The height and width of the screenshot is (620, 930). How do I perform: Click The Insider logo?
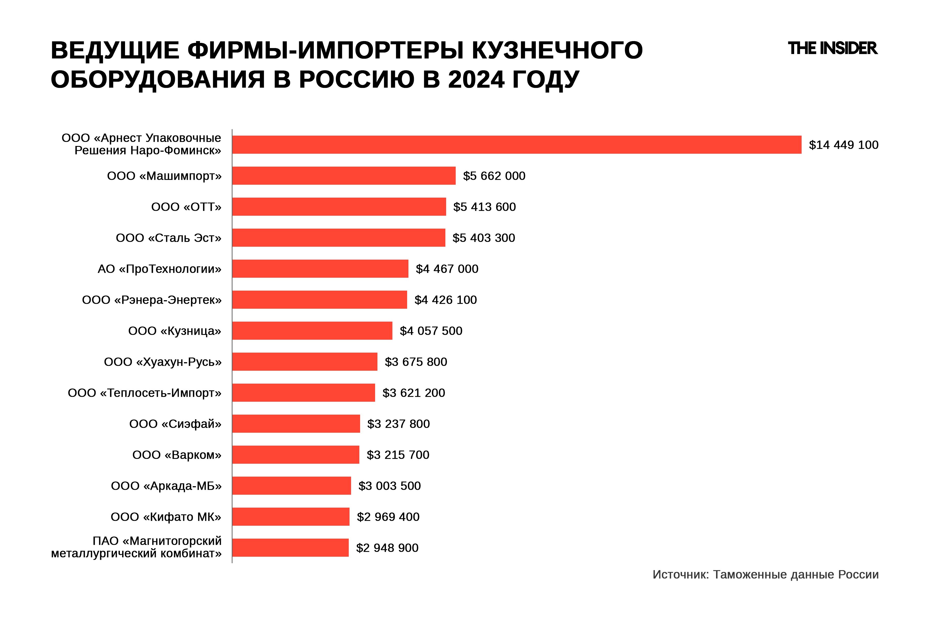pos(832,48)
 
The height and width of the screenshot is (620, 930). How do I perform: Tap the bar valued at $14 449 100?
pos(516,145)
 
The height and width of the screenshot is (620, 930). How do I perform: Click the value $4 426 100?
pos(446,300)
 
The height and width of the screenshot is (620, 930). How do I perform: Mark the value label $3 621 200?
pos(414,393)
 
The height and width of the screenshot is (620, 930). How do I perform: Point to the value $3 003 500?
pos(390,486)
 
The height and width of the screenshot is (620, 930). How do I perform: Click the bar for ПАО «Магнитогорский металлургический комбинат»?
pos(290,548)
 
